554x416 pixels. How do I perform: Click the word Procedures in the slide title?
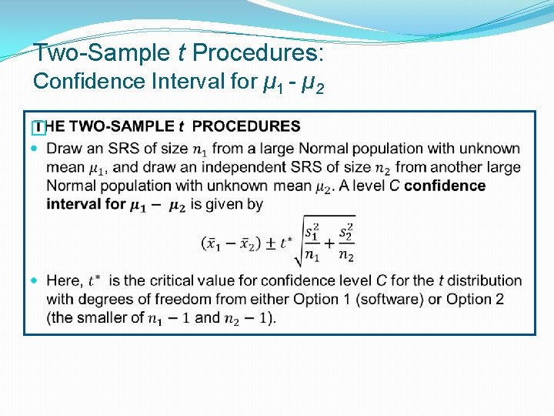pos(258,53)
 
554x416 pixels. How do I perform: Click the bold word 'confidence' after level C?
pos(445,185)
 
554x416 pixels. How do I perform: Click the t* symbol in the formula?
pos(286,243)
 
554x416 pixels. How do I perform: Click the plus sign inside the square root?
pos(329,243)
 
